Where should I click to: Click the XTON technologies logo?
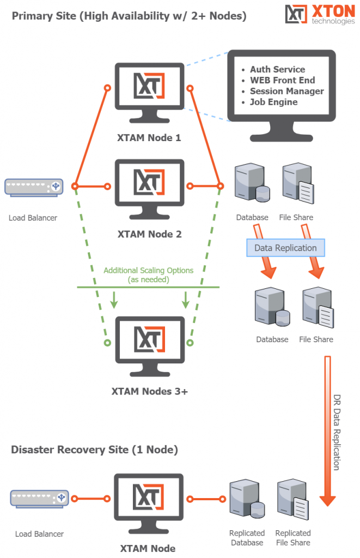click(x=318, y=15)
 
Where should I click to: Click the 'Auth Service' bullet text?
click(x=277, y=70)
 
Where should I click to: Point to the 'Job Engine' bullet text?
click(x=273, y=102)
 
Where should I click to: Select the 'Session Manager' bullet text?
click(x=286, y=91)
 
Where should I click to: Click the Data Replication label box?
click(x=285, y=248)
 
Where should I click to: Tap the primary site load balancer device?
click(x=34, y=187)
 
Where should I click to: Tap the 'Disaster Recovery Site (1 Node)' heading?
click(x=94, y=450)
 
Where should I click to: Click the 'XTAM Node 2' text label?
click(x=149, y=234)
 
